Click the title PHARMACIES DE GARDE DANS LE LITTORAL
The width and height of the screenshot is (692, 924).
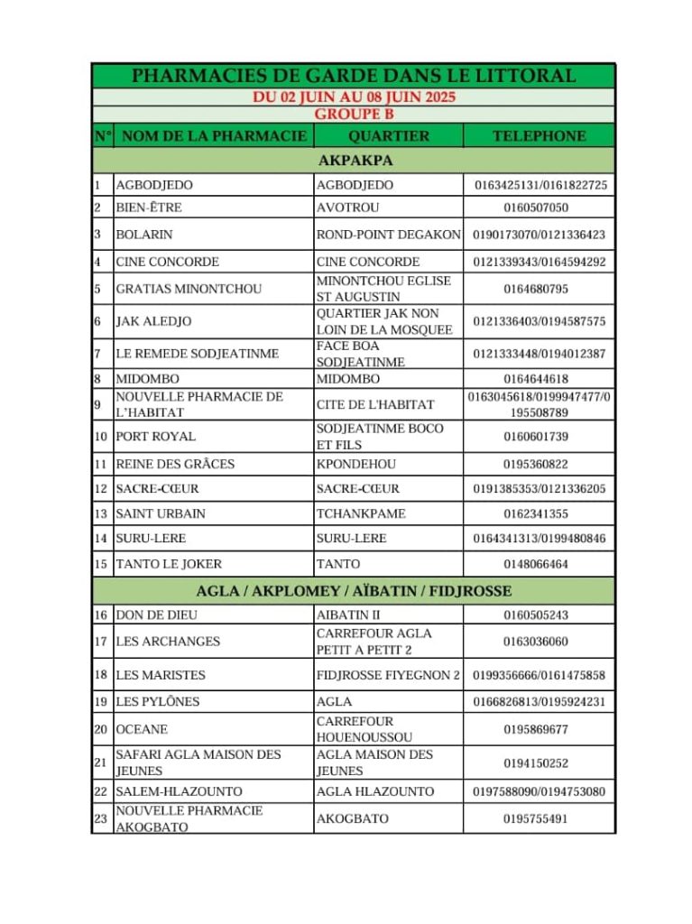point(354,76)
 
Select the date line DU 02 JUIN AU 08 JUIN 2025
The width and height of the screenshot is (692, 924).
point(354,97)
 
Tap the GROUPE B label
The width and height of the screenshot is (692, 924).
point(354,115)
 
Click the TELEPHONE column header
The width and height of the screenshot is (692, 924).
point(539,136)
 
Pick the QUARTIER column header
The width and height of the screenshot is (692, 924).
point(388,136)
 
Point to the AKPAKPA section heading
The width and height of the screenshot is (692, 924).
point(354,161)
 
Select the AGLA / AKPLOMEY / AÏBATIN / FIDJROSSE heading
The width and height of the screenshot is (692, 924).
point(354,592)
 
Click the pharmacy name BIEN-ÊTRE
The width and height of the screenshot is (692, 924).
point(149,208)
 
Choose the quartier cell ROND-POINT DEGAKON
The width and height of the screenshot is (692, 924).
point(388,235)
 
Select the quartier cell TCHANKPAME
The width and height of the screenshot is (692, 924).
point(361,513)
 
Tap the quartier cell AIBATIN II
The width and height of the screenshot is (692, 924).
point(348,615)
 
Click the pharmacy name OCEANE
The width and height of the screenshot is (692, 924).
point(142,729)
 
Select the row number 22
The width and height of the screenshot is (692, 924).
point(101,791)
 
